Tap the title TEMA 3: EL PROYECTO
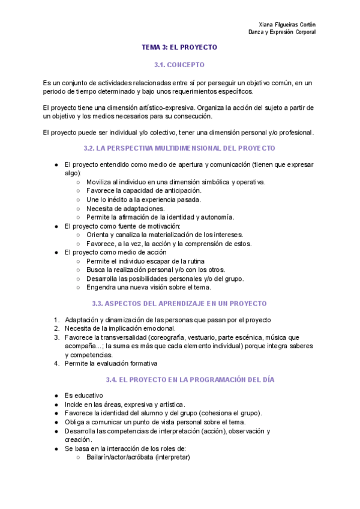(x=179, y=47)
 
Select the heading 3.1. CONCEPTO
(x=179, y=64)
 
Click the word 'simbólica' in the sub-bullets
(x=211, y=182)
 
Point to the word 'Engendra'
(x=101, y=288)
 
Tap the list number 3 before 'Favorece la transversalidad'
(x=56, y=337)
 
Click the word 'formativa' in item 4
(x=142, y=363)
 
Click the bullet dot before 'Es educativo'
(x=56, y=396)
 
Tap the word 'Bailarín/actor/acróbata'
(x=119, y=457)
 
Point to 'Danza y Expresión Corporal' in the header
(x=282, y=32)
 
